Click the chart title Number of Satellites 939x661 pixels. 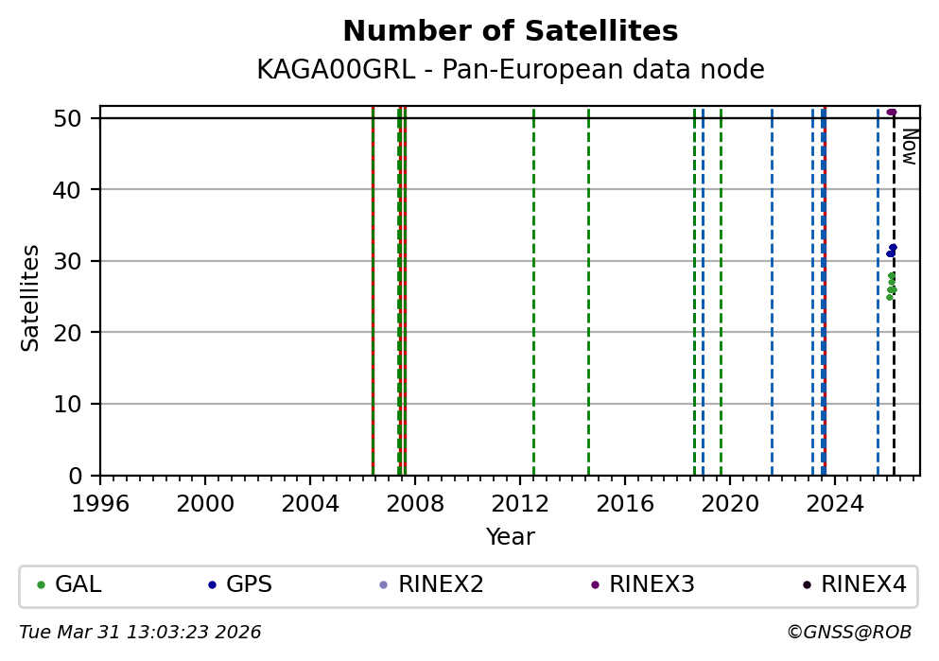click(x=510, y=32)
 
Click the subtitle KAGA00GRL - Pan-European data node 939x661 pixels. click(x=510, y=70)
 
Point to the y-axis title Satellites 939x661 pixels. click(x=31, y=297)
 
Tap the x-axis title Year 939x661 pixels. click(x=510, y=537)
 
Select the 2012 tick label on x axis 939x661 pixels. click(x=520, y=502)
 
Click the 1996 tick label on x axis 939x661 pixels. click(x=100, y=502)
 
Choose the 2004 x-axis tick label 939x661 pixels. click(x=310, y=502)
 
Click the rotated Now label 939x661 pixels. click(x=909, y=147)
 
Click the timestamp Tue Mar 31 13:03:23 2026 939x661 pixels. click(x=140, y=633)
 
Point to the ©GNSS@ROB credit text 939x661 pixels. click(x=848, y=633)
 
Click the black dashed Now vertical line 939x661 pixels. click(x=894, y=378)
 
